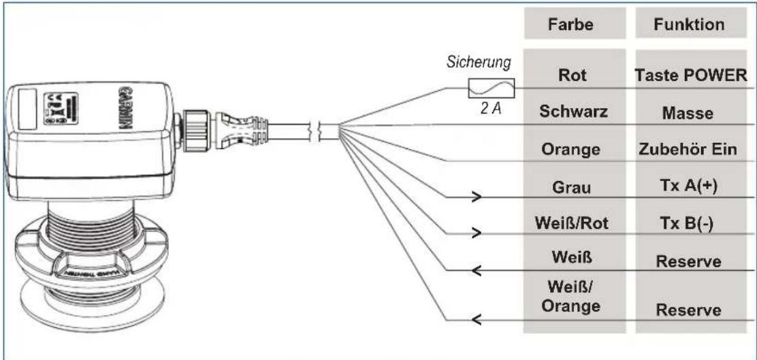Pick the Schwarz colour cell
(x=573, y=112)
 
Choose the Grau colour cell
(x=572, y=186)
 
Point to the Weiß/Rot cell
(x=572, y=223)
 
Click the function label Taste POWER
(x=690, y=76)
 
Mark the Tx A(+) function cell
(x=689, y=186)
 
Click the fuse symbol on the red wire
(x=491, y=88)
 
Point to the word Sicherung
(x=479, y=64)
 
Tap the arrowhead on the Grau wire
(x=477, y=197)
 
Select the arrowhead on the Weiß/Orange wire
(x=477, y=319)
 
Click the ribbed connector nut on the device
(x=199, y=130)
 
